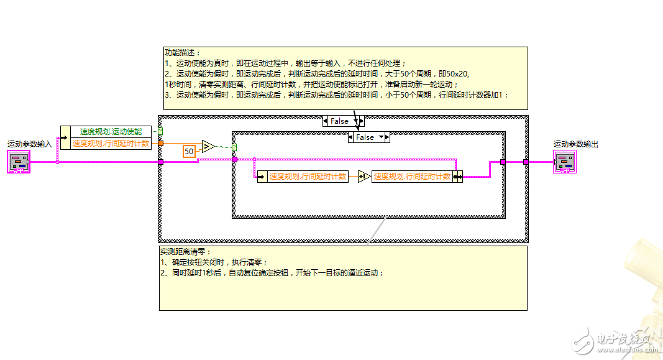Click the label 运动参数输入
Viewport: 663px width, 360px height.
30,144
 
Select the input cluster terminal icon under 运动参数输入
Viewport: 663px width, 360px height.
19,162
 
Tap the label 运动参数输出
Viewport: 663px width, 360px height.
576,144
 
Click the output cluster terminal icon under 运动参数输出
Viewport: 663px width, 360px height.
564,162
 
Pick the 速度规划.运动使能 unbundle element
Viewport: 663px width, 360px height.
111,132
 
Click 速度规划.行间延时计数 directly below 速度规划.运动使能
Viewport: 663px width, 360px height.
111,143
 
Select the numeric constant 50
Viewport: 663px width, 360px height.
190,151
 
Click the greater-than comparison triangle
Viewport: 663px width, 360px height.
208,147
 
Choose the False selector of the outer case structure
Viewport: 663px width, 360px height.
339,121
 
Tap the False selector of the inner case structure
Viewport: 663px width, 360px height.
365,137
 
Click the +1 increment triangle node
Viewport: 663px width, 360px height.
364,177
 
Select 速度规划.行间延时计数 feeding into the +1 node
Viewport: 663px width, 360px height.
307,177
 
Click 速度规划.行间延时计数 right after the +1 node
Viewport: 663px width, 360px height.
411,177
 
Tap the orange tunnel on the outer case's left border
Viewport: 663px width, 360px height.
161,143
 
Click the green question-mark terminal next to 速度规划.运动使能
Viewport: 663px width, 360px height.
160,132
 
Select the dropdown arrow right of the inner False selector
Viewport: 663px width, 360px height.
382,137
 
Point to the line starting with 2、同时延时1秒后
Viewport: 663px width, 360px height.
272,273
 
